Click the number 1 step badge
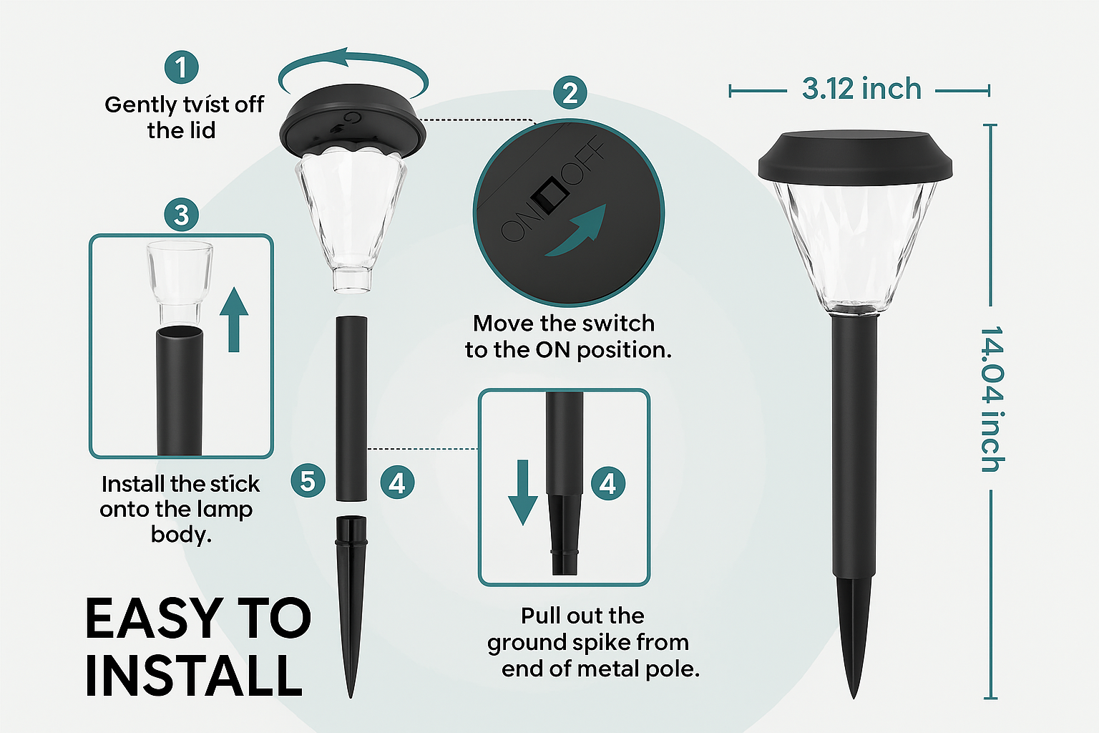click(x=182, y=67)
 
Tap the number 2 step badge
click(x=570, y=92)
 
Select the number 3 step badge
click(x=182, y=215)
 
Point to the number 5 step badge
click(x=308, y=480)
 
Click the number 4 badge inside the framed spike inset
click(x=608, y=484)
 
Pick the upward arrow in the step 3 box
click(x=234, y=319)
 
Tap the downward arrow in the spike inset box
click(x=523, y=492)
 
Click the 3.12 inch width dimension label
click(x=861, y=89)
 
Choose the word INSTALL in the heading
click(x=194, y=676)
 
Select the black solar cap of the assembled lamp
click(x=855, y=157)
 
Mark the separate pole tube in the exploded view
click(x=351, y=409)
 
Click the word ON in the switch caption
click(x=552, y=350)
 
